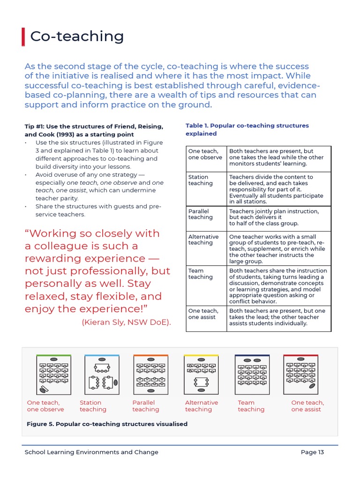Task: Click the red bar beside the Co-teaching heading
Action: coord(23,37)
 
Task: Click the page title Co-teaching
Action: coord(77,37)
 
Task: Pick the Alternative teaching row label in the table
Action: coord(203,240)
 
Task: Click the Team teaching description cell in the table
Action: coord(278,286)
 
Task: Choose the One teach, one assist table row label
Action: coord(203,314)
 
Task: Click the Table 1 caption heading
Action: coord(247,129)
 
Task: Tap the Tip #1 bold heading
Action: coord(94,130)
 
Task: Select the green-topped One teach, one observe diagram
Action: coord(54,375)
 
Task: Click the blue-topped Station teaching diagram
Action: coord(102,375)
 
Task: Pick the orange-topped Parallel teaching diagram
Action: coord(150,375)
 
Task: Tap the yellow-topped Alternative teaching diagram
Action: coord(201,375)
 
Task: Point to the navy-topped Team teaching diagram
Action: coord(252,375)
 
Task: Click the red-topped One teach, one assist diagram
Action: coord(300,375)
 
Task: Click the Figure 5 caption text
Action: coord(107,424)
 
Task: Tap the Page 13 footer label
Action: coord(312,452)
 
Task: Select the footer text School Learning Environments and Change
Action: coord(91,452)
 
